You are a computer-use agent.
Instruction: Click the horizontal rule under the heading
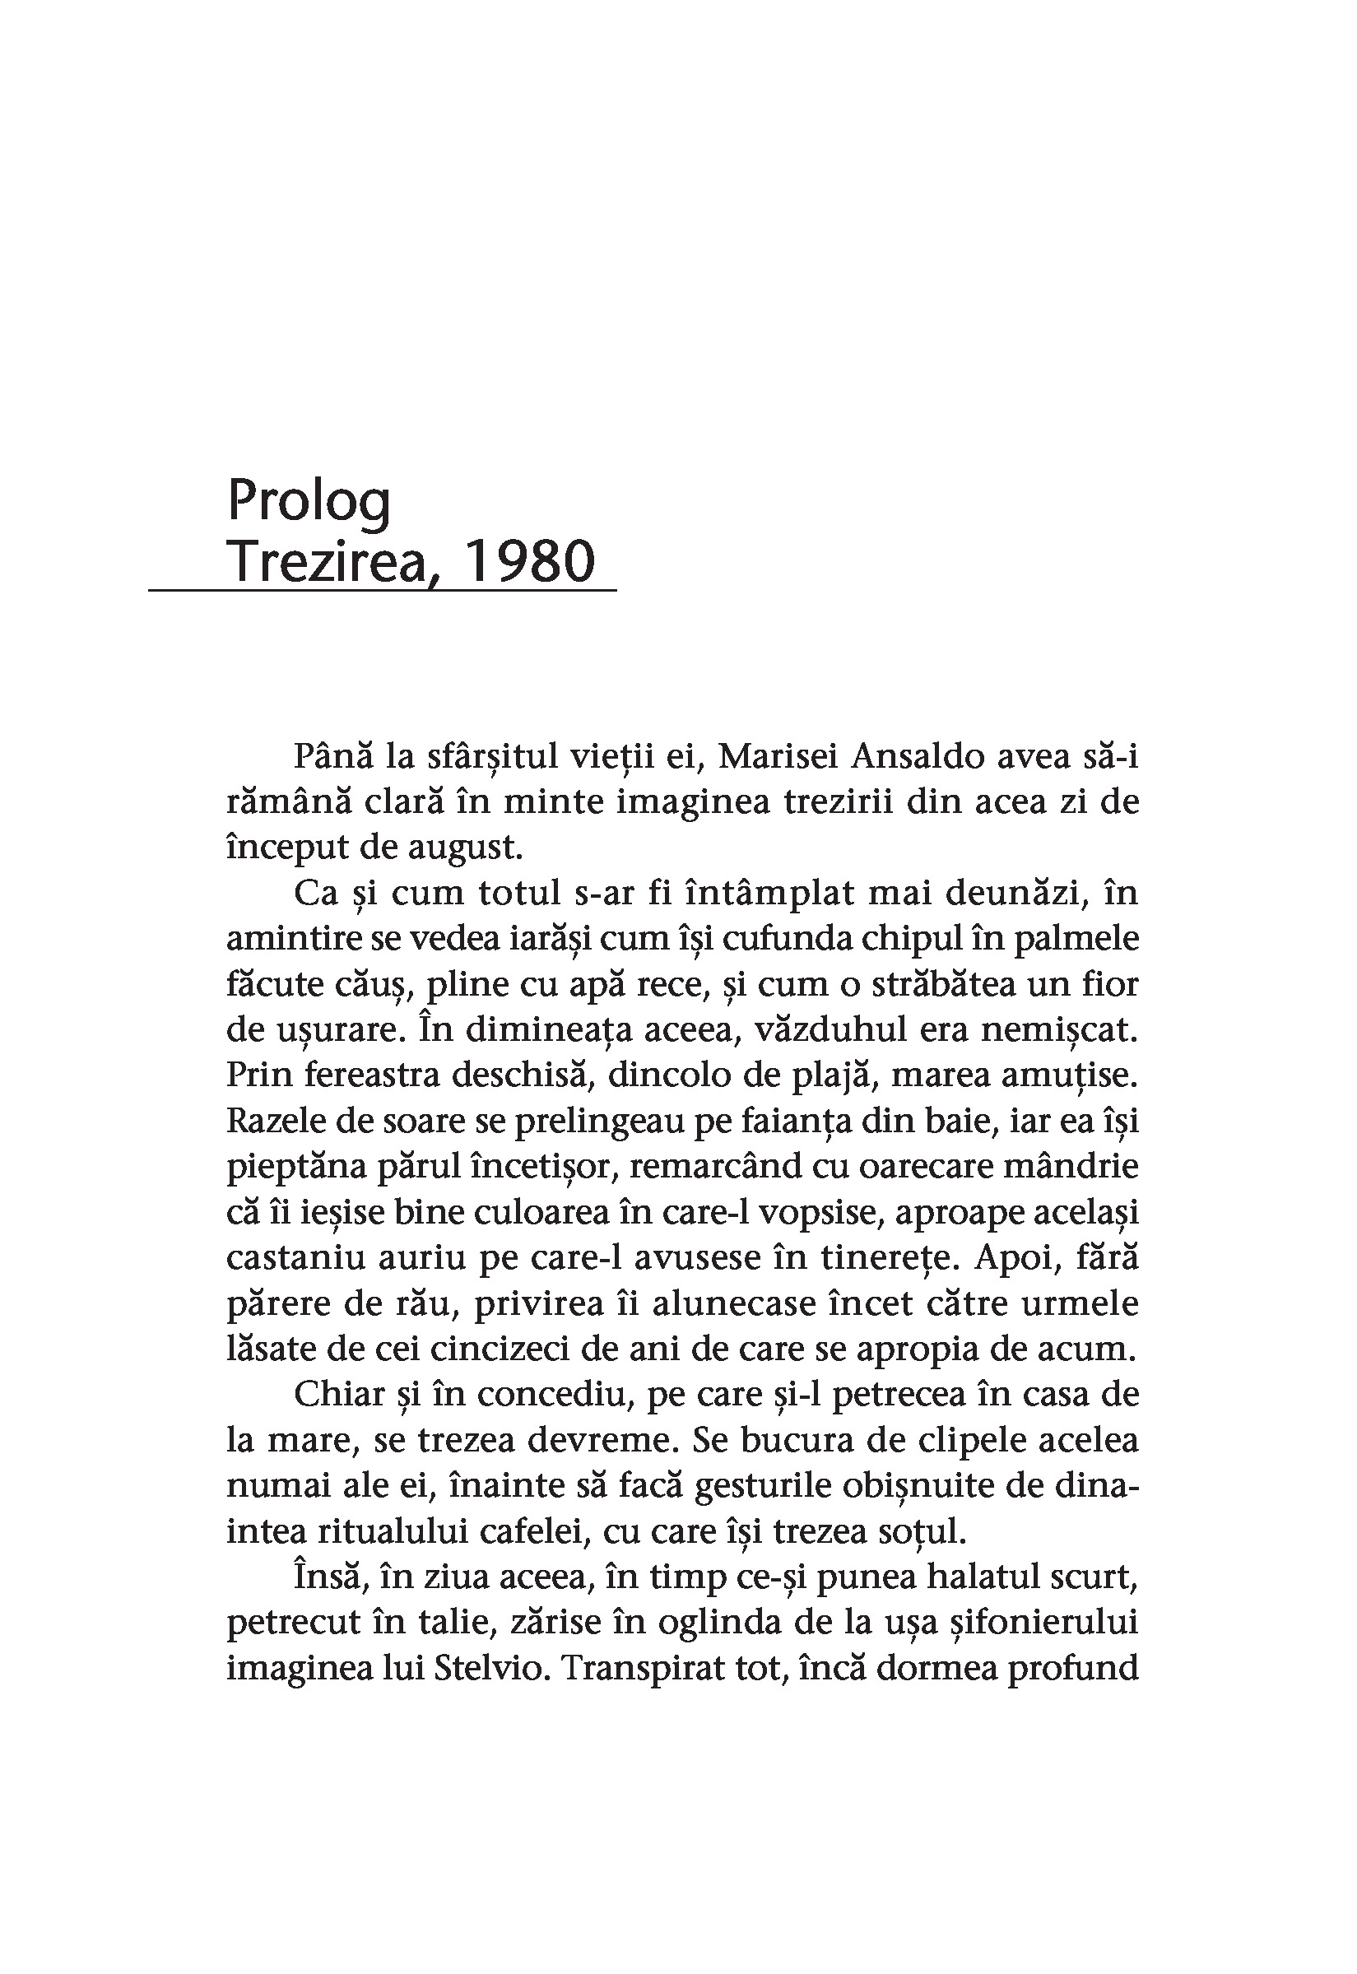click(x=383, y=589)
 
